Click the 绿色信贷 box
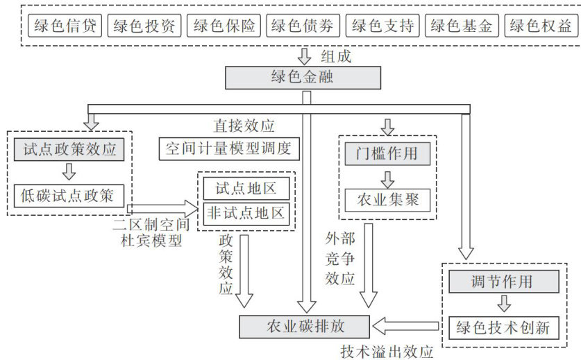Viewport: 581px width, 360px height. point(65,26)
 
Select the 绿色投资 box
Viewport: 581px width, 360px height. point(144,26)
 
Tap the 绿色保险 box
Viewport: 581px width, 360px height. point(224,26)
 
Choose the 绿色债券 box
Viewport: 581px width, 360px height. point(303,26)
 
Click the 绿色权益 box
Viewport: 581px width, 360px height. point(540,26)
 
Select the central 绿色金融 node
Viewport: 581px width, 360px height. point(303,77)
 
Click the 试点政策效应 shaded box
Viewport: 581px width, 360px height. point(68,150)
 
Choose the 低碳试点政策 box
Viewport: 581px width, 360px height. point(68,196)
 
